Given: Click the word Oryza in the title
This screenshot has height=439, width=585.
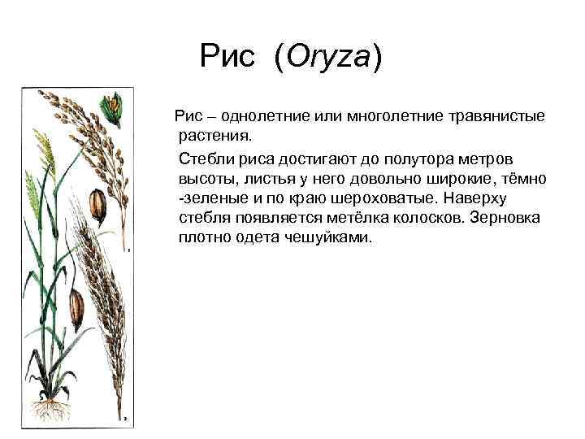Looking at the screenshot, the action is point(328,57).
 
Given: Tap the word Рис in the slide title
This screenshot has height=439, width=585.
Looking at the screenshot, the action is point(227,55).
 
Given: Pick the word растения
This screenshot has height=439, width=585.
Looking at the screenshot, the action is point(215,136).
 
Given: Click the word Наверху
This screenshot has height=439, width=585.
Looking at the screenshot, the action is point(475,198).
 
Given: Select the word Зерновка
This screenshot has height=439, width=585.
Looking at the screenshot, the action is point(505,218).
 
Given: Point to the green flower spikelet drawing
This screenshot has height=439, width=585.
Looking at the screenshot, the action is point(111,109).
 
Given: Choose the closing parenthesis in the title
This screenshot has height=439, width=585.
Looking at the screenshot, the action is point(377,58).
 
